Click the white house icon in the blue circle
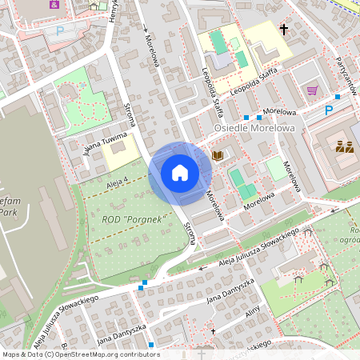(x=180, y=172)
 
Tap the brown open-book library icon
(x=218, y=154)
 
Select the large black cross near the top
(x=283, y=30)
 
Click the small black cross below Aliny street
(x=213, y=330)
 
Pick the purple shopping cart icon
(x=312, y=90)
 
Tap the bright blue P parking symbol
(x=328, y=110)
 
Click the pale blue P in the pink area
(x=59, y=31)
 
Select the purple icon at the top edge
(x=54, y=3)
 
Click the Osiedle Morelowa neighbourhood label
(x=255, y=127)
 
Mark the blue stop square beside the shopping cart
(x=338, y=96)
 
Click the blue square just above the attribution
(x=150, y=345)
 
